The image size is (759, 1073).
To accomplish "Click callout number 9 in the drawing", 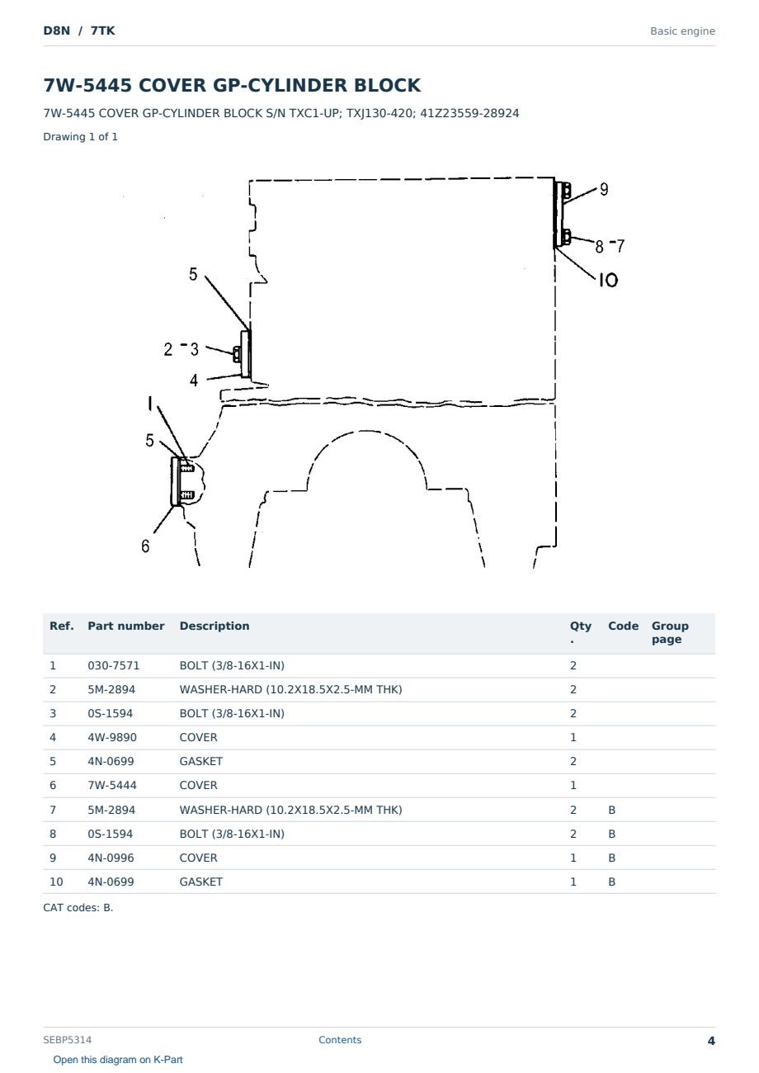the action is click(604, 189).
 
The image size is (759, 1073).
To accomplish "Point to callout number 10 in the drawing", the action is click(608, 280).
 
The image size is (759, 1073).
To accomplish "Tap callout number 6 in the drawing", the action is click(145, 546).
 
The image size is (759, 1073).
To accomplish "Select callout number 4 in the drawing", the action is click(193, 381).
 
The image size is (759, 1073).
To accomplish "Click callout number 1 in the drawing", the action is click(150, 404).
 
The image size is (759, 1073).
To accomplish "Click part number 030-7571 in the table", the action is click(114, 665).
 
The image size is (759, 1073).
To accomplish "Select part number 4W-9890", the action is click(112, 737).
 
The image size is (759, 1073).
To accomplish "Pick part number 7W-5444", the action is click(112, 785).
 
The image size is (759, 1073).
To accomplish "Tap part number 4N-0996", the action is click(111, 858).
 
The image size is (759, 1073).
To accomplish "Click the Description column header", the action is click(214, 626).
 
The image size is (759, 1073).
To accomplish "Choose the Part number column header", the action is click(126, 626).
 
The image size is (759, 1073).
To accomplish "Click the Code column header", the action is click(623, 626).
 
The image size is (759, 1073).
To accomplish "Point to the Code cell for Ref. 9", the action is click(611, 858).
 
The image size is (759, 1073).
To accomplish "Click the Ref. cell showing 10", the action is click(56, 882).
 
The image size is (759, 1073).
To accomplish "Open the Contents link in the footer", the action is click(340, 1039).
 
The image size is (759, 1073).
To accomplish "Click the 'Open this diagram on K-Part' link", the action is click(118, 1059).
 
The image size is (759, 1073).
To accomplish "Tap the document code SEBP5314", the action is click(68, 1039).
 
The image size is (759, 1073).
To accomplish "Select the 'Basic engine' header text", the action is click(682, 31).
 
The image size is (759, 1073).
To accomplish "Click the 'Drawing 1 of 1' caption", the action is click(81, 136).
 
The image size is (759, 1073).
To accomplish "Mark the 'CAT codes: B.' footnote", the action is click(78, 907).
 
